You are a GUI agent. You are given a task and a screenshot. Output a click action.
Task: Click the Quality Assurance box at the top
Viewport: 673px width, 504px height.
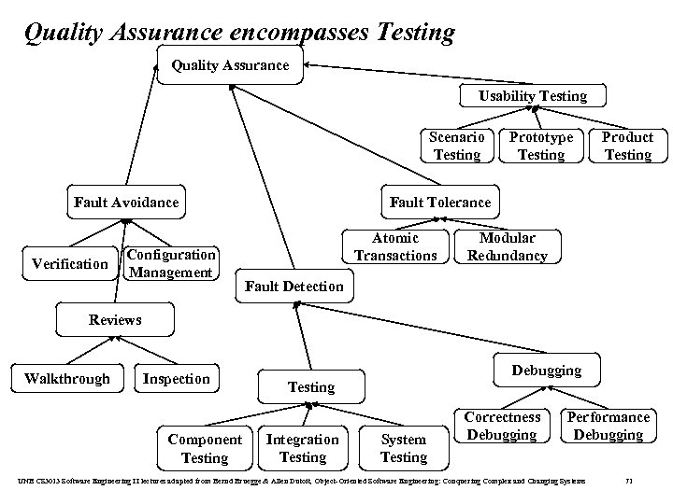pos(229,64)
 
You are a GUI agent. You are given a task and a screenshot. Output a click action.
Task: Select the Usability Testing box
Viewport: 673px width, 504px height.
pos(533,96)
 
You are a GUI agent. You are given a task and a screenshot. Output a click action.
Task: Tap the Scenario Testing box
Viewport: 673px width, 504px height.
pos(457,146)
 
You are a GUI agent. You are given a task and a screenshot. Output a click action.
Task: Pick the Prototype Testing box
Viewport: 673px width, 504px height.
pos(540,146)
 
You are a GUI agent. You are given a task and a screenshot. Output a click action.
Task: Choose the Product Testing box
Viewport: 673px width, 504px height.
pos(627,146)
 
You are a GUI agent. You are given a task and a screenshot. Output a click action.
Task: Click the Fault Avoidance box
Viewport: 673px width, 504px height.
pos(126,202)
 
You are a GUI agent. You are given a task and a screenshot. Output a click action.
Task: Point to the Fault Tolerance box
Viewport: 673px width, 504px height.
pos(439,202)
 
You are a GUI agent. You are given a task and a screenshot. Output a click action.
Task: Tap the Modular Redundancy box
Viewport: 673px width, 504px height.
pos(507,246)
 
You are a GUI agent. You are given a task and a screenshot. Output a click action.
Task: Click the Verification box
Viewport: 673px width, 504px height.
pos(70,264)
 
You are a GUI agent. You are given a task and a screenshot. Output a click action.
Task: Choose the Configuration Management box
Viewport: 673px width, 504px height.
pos(171,263)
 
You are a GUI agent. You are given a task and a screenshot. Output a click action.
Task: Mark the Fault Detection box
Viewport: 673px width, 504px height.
pos(294,286)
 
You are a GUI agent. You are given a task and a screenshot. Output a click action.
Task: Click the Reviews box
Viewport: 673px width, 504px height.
pos(115,319)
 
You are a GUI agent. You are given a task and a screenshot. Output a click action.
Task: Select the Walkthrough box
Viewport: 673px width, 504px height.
pos(66,378)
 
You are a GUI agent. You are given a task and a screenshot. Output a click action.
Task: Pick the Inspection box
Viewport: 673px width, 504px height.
pos(176,378)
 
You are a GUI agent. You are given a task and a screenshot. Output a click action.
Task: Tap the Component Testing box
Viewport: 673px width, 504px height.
pos(204,448)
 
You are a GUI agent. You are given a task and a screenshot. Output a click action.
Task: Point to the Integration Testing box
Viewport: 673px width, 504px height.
pos(303,448)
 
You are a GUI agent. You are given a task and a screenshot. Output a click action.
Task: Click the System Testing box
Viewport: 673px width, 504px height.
pos(403,448)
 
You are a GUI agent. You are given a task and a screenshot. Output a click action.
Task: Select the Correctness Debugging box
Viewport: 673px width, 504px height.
pos(502,426)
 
